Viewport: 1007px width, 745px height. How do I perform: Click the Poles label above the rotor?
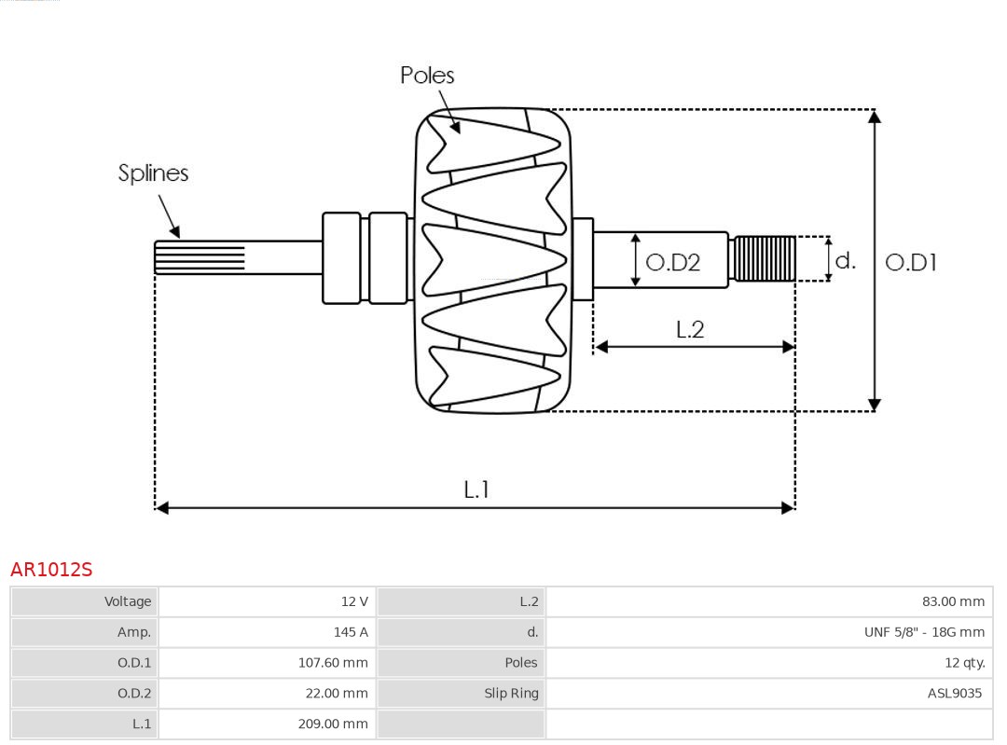(x=427, y=75)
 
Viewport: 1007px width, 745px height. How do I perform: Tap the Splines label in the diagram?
(x=153, y=172)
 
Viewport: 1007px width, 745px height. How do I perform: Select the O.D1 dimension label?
(x=910, y=262)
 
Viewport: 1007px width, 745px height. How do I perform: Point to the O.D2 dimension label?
(x=672, y=262)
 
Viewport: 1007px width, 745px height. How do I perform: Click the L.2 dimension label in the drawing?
(x=690, y=329)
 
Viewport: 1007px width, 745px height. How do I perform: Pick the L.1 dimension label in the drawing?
(x=476, y=489)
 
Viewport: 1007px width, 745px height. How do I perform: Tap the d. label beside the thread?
(x=845, y=260)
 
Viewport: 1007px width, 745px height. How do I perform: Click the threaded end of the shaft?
(x=765, y=258)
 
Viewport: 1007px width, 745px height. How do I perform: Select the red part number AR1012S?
(x=51, y=570)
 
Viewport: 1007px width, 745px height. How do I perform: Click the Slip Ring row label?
(x=511, y=693)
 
